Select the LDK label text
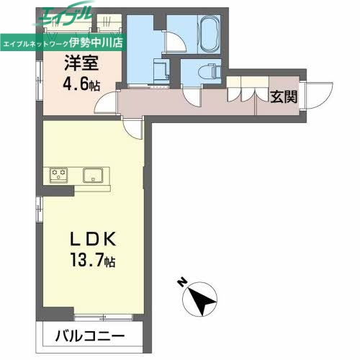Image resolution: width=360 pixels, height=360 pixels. [88, 239]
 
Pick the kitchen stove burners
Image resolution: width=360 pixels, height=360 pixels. [58, 174]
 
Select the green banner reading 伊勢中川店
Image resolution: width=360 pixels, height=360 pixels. [64, 41]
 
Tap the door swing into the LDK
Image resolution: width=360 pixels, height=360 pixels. [133, 128]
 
